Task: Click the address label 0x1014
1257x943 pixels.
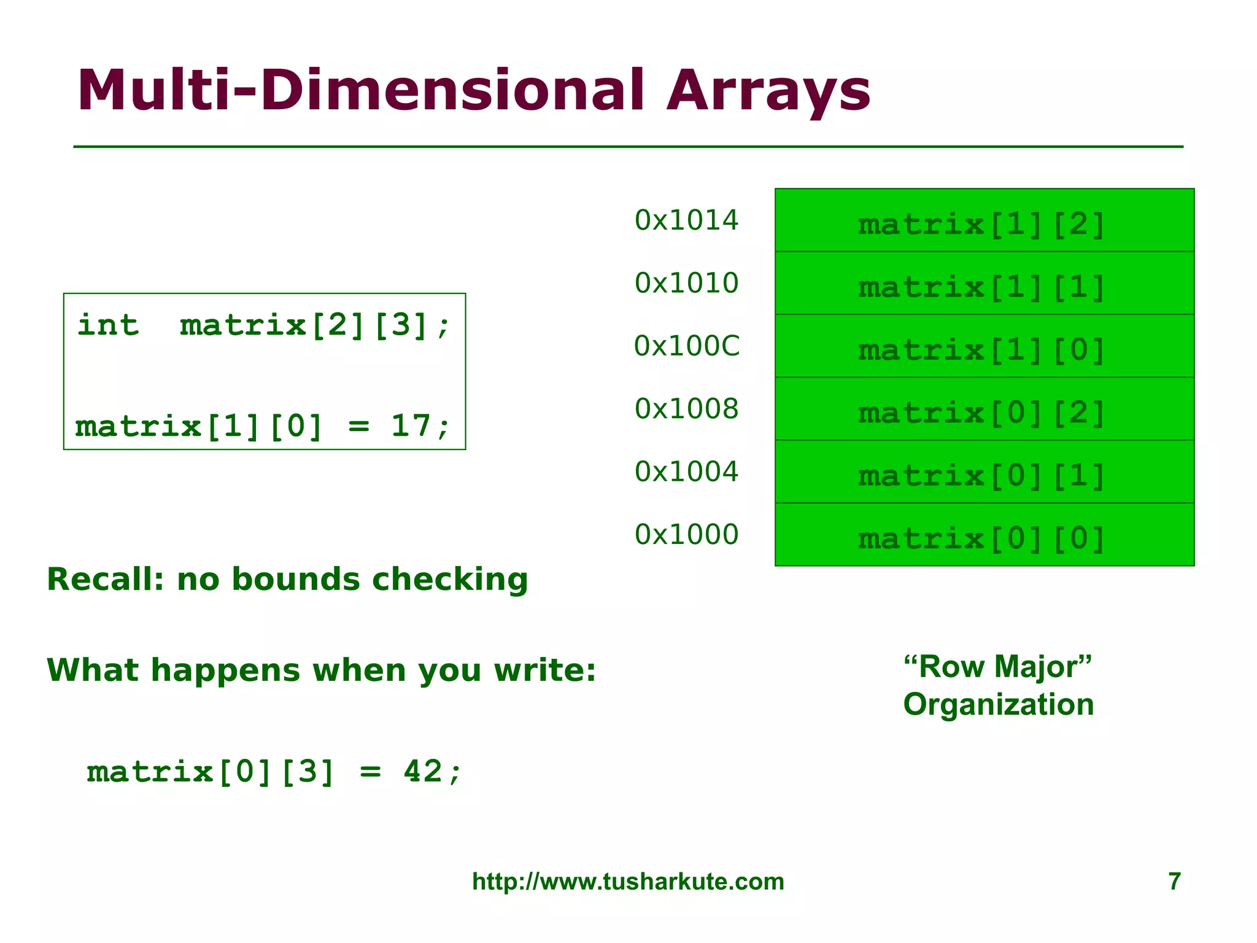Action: pyautogui.click(x=686, y=220)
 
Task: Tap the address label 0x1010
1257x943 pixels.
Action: pyautogui.click(x=686, y=283)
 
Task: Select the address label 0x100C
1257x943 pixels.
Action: pyautogui.click(x=687, y=346)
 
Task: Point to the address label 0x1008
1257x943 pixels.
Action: pyautogui.click(x=686, y=409)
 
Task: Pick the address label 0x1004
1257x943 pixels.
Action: pyautogui.click(x=686, y=471)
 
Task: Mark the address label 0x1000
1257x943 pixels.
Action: pyautogui.click(x=686, y=535)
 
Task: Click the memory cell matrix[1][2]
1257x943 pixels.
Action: pyautogui.click(x=984, y=221)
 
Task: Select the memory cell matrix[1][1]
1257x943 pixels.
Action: pyautogui.click(x=984, y=284)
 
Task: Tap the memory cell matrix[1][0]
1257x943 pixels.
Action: pyautogui.click(x=984, y=347)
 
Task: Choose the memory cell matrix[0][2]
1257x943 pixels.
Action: pyautogui.click(x=984, y=409)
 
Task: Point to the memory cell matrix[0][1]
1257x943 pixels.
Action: pyautogui.click(x=984, y=472)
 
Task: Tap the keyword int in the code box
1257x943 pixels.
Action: pyautogui.click(x=108, y=325)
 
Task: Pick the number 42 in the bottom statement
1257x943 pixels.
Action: pyautogui.click(x=423, y=772)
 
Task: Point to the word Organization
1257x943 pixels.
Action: pyautogui.click(x=999, y=705)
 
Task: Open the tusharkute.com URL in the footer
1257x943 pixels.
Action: pyautogui.click(x=628, y=882)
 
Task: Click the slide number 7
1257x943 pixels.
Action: pyautogui.click(x=1174, y=882)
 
